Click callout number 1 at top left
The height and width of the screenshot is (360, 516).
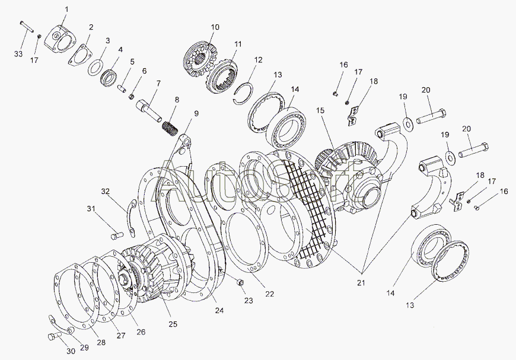point(66,9)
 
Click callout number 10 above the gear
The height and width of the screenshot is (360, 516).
point(215,27)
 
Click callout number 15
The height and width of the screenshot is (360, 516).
point(321,110)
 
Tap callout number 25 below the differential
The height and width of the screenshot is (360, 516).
point(173,324)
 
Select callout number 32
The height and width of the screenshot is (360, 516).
point(106,191)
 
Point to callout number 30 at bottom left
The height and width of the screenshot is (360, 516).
point(71,351)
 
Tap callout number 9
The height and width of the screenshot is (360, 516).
point(196,113)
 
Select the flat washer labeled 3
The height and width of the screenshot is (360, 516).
point(94,68)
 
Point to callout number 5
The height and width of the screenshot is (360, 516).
point(132,62)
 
